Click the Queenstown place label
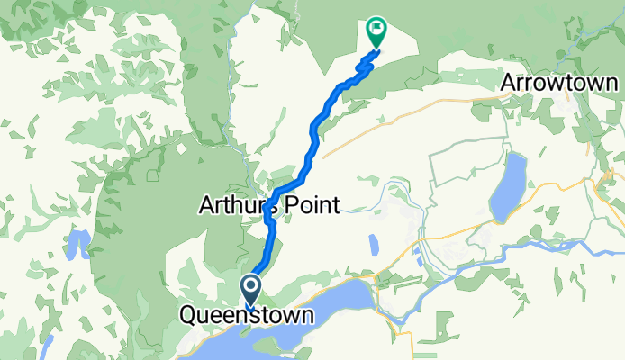pos(248,316)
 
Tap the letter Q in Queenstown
pos(189,316)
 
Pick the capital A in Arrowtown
pos(510,82)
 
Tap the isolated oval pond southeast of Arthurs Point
pos(373,244)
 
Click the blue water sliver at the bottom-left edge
pos(49,346)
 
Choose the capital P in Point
pos(291,206)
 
